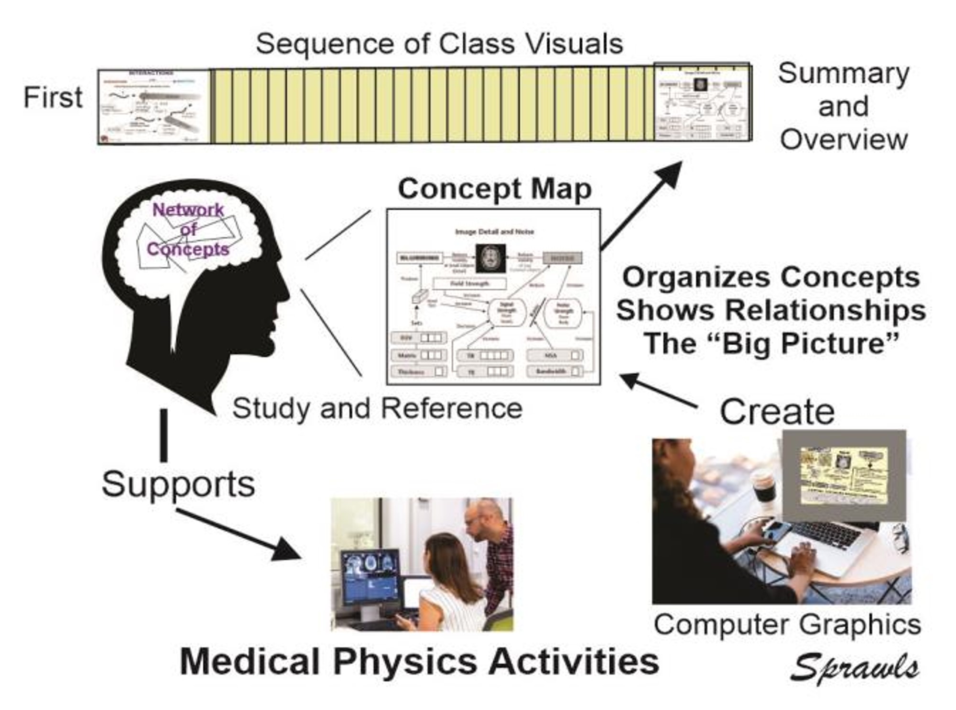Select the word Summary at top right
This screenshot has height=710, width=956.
tap(843, 74)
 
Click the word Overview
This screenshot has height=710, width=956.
tap(844, 140)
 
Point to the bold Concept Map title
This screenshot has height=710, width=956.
tap(494, 189)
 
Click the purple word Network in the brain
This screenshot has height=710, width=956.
tap(188, 209)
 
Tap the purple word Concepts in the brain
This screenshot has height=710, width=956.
tap(188, 249)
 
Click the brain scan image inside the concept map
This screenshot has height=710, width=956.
tap(490, 258)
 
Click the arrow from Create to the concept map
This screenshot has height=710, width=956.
tap(657, 390)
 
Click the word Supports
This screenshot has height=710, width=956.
tap(178, 484)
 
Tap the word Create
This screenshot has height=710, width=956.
tap(777, 412)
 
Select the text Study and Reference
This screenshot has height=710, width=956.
tap(377, 409)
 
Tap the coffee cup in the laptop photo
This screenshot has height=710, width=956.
tap(763, 485)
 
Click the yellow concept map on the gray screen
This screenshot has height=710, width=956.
tap(844, 475)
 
